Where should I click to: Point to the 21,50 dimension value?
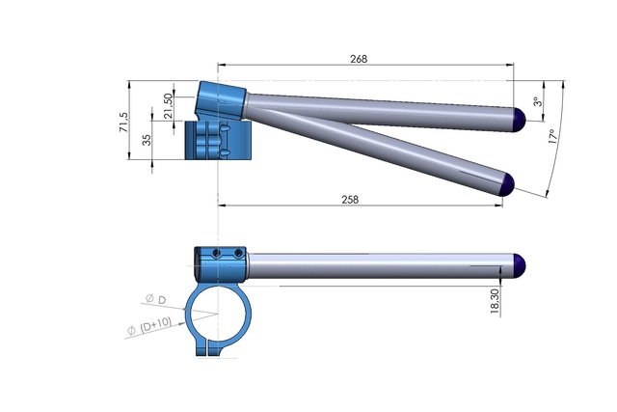coord(170,102)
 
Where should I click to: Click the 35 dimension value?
coord(147,141)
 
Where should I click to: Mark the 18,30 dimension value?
coord(494,301)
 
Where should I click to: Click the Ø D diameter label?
coord(157,300)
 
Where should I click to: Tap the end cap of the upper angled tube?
coord(519,118)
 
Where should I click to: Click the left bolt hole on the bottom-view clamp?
coord(217,253)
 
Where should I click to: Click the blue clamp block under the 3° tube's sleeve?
coord(217,141)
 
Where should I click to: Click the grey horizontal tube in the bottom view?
coord(376,264)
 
